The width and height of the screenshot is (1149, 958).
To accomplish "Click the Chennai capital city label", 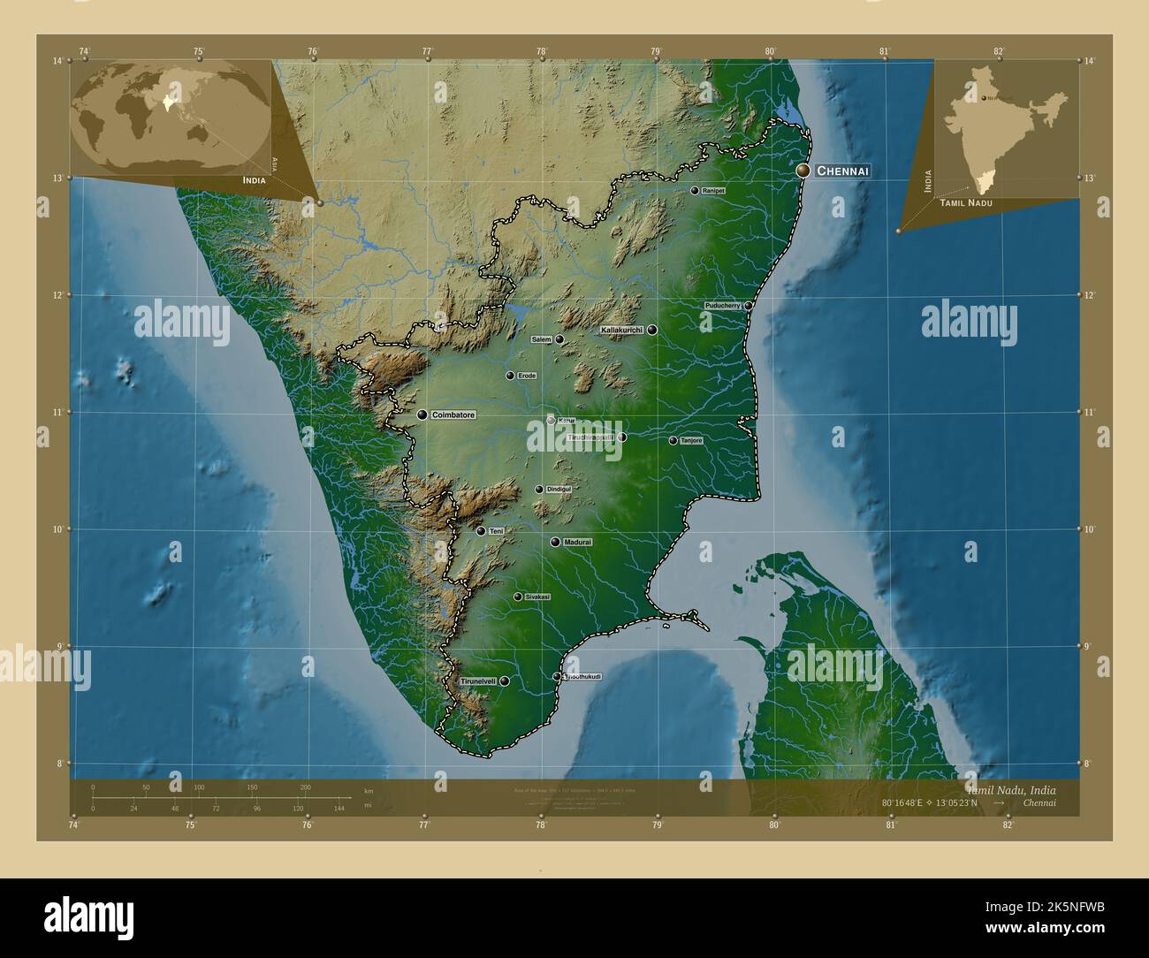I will click(x=843, y=171).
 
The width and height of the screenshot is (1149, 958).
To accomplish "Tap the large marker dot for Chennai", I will click(x=803, y=170).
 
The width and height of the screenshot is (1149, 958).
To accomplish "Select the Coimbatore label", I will click(x=454, y=414).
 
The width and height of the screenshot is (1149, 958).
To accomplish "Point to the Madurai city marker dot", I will click(x=555, y=542).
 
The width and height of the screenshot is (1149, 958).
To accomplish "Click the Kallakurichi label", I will click(x=622, y=330).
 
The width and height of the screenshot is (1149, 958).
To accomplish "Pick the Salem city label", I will click(x=541, y=339).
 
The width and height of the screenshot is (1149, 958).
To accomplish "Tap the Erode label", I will click(x=527, y=376).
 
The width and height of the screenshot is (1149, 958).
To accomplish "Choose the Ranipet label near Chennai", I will click(x=713, y=190).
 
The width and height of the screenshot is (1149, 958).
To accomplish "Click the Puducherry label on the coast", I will click(x=723, y=305).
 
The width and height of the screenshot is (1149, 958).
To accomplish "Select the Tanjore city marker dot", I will click(x=673, y=440).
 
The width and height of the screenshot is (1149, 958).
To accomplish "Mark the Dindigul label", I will click(x=559, y=489).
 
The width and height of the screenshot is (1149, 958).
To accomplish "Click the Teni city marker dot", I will click(x=480, y=531).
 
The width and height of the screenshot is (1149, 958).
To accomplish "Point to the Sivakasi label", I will click(x=537, y=597).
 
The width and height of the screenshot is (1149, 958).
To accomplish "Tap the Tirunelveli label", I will click(x=478, y=681).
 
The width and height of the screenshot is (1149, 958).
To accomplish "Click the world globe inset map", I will click(x=172, y=111).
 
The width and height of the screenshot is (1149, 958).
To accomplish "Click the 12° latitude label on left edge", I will click(x=57, y=295).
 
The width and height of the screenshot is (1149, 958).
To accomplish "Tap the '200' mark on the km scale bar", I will click(x=305, y=787).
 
